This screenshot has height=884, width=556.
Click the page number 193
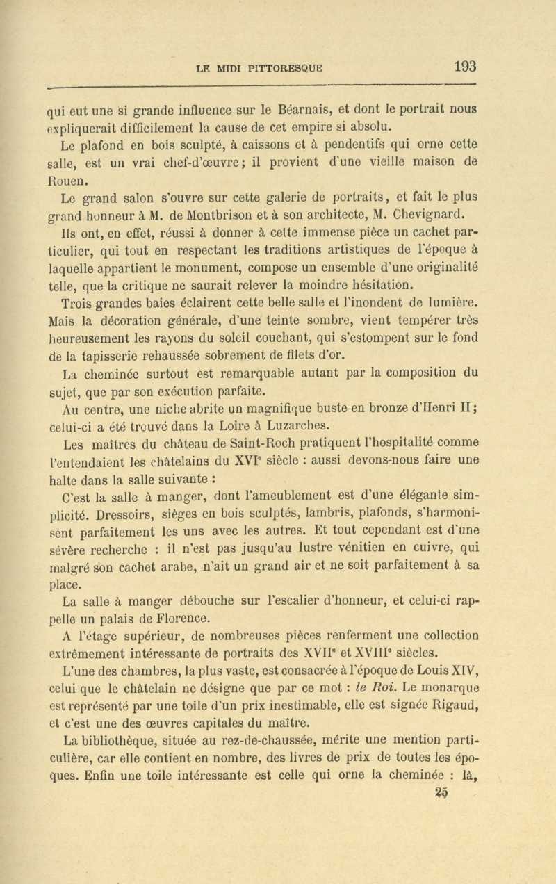click(x=465, y=67)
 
